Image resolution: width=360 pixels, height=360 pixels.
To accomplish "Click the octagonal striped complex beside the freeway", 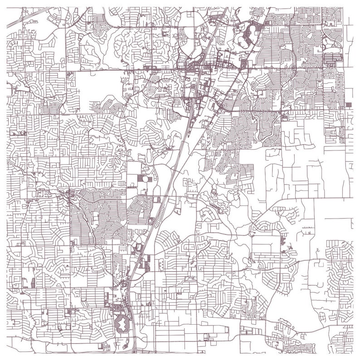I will tap(121, 324).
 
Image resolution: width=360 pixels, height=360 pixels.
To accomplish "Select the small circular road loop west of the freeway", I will tap(145, 179).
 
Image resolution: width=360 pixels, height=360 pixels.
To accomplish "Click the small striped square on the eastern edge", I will tap(348, 105).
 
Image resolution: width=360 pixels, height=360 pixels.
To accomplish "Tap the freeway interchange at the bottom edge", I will tap(135, 350).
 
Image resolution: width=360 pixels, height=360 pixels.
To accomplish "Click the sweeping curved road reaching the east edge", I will tap(313, 199).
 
